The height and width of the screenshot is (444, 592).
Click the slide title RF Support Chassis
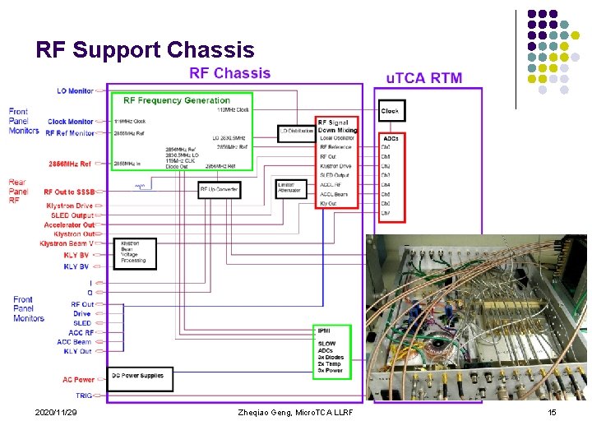tap(145, 50)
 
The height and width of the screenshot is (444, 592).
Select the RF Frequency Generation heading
tap(176, 100)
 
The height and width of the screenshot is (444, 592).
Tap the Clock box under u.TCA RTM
tap(391, 110)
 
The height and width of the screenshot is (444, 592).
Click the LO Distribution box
tap(295, 130)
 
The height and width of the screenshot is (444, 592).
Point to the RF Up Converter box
tap(219, 189)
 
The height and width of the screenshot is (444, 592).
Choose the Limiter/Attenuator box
tap(290, 188)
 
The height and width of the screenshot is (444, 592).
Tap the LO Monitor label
tap(75, 90)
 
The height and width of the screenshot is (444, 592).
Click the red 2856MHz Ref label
tap(71, 164)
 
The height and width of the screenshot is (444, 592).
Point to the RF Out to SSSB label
tap(69, 192)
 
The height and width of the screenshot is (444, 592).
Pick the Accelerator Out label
tap(69, 224)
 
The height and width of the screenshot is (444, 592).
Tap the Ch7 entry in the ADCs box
tap(386, 213)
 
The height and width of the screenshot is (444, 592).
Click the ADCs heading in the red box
tap(391, 138)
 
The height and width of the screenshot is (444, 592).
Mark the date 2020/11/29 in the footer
tap(56, 412)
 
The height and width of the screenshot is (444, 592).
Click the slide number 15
tap(552, 412)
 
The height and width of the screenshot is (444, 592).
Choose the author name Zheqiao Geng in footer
tap(294, 412)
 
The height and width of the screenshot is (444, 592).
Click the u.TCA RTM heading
tap(423, 79)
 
